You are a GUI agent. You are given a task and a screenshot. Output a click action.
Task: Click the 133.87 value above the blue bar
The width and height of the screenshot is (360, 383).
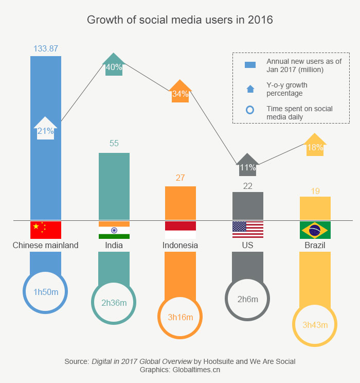click(x=46, y=49)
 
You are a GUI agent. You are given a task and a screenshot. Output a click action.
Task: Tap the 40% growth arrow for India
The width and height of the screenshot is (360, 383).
click(x=114, y=65)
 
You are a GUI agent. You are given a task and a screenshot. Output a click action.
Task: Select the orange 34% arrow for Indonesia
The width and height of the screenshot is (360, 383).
click(x=180, y=92)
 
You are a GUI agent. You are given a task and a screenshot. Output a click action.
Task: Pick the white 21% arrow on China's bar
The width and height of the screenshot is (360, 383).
click(x=45, y=129)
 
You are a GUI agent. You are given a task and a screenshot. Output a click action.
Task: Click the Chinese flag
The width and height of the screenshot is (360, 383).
click(x=46, y=230)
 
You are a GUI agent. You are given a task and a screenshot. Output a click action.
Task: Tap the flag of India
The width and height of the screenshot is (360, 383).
click(x=114, y=230)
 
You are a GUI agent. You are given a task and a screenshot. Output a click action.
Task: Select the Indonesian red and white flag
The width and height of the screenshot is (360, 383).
click(x=181, y=230)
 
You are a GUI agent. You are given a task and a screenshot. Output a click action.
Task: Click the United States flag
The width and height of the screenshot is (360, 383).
click(x=248, y=230)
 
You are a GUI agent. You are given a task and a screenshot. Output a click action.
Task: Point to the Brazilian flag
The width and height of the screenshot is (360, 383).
click(x=315, y=230)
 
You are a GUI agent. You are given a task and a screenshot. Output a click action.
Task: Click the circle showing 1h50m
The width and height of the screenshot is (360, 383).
click(x=46, y=292)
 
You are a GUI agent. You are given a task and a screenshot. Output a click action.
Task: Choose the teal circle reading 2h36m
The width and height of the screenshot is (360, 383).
click(x=114, y=303)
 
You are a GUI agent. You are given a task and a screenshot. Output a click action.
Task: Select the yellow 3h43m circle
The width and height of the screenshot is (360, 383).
click(x=315, y=325)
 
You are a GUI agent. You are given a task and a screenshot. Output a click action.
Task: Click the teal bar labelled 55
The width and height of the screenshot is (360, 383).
click(x=114, y=186)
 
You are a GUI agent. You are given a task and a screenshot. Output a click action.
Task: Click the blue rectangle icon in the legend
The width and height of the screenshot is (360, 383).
click(x=250, y=65)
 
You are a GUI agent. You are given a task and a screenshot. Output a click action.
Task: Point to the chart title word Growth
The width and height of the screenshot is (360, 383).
click(x=103, y=20)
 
